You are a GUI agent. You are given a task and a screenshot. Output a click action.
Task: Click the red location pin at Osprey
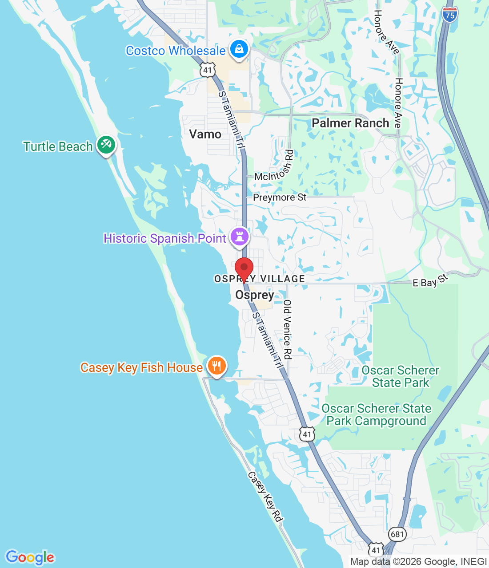pos(244,268)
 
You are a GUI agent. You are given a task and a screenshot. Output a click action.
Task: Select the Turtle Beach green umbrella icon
pos(106,145)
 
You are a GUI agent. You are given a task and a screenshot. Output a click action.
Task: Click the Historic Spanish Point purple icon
pos(240,237)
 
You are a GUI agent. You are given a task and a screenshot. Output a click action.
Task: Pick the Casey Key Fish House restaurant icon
pos(216,366)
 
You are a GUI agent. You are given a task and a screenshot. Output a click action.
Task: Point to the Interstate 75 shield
pos(450,15)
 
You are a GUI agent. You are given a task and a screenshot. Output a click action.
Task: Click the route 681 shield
pos(397,534)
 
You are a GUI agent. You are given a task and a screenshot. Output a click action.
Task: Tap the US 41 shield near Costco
pos(208,70)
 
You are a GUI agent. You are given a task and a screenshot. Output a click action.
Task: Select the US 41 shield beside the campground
pos(307,434)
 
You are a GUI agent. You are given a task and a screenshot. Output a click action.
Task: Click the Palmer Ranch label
pos(350,123)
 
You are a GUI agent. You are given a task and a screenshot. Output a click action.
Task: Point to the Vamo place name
pos(205,134)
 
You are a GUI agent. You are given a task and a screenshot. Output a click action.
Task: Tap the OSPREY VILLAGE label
pos(260,279)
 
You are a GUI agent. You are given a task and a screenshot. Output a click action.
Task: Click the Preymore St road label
pos(280,197)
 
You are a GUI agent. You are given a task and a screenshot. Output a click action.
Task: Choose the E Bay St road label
pos(429,281)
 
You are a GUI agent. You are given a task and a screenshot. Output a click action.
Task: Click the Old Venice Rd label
pos(287,329)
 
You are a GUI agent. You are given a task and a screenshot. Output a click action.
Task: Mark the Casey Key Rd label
pos(265,496)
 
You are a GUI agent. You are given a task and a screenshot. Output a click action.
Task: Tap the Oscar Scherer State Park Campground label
pos(376,414)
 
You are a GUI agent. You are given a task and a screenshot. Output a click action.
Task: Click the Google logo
pos(30,557)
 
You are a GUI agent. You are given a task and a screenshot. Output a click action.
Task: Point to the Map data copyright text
pos(418,562)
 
